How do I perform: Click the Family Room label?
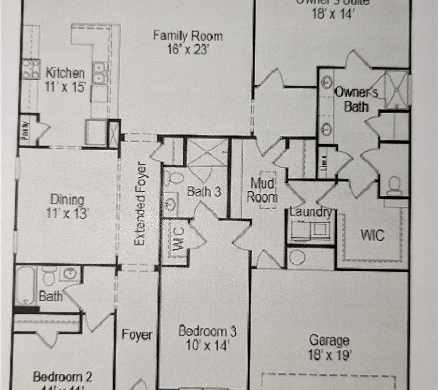[x=188, y=36]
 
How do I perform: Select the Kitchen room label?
[x=65, y=73]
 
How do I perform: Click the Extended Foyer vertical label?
[x=140, y=205]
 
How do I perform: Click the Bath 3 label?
[x=204, y=192]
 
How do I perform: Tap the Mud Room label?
[x=262, y=190]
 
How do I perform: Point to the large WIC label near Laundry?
[x=372, y=235]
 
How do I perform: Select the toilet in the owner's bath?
[x=394, y=186]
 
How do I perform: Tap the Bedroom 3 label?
[x=208, y=331]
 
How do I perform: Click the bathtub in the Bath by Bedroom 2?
[x=25, y=286]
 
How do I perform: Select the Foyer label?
[x=137, y=335]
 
